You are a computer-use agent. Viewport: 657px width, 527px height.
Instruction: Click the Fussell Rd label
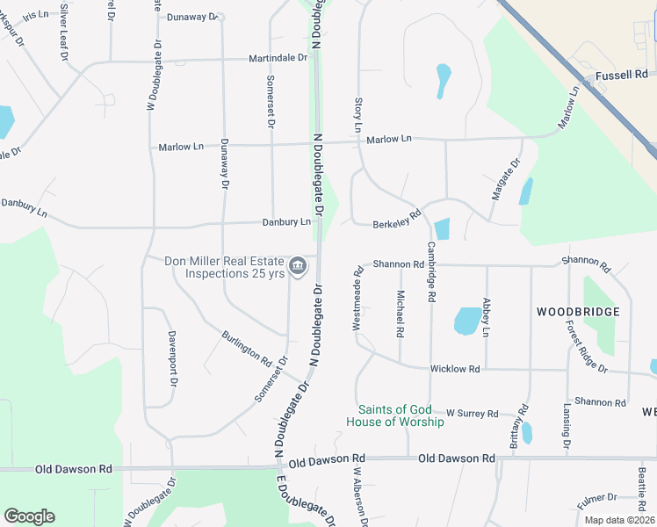tap(621, 76)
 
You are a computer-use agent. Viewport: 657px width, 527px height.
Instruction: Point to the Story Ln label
tap(357, 116)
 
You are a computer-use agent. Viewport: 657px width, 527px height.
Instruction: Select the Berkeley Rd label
tap(397, 219)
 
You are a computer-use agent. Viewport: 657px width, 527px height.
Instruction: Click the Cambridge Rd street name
tap(431, 272)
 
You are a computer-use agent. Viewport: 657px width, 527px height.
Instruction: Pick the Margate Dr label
tap(506, 179)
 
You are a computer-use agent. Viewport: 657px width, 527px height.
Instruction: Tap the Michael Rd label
tap(400, 314)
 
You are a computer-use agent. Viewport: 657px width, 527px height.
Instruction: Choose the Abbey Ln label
tap(486, 318)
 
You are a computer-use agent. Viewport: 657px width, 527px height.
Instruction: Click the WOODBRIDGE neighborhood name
tap(578, 312)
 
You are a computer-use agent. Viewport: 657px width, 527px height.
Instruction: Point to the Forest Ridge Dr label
tap(587, 346)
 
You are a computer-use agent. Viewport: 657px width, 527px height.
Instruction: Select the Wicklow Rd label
tap(455, 370)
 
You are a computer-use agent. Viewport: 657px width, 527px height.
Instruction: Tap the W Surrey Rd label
tap(472, 413)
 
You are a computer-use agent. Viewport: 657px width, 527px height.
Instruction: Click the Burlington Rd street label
tap(247, 349)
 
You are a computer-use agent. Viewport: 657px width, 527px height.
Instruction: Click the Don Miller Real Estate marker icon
tap(298, 264)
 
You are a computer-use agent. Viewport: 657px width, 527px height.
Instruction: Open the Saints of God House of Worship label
tap(401, 415)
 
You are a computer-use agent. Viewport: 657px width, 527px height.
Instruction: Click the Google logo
tap(29, 516)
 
